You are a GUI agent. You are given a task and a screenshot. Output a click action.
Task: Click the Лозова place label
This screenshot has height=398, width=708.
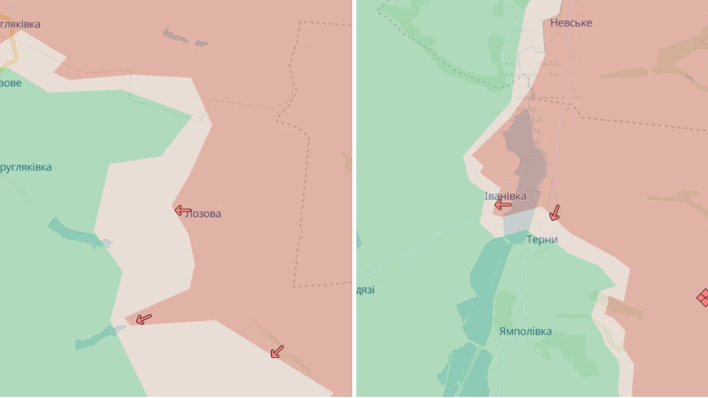[204, 213]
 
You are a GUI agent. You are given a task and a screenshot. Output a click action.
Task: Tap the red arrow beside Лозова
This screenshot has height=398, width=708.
[183, 210]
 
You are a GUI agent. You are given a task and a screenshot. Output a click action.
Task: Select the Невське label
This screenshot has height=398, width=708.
[571, 23]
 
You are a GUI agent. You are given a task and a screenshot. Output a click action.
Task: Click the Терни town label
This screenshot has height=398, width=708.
[542, 239]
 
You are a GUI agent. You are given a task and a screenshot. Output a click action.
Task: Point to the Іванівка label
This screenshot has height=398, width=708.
[505, 196]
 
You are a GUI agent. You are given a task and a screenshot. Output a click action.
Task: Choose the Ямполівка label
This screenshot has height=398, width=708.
[525, 331]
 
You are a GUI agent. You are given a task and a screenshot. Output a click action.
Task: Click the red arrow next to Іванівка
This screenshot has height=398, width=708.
[503, 205]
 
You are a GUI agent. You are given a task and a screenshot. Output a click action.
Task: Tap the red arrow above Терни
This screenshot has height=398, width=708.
[554, 213]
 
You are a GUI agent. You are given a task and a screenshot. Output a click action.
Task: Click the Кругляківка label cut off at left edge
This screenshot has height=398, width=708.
[26, 167]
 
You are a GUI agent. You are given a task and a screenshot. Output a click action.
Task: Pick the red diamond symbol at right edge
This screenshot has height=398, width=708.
[703, 297]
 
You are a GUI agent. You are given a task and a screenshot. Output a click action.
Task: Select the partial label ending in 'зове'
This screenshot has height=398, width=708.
[11, 83]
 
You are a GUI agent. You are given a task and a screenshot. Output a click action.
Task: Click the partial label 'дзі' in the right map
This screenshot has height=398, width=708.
[365, 290]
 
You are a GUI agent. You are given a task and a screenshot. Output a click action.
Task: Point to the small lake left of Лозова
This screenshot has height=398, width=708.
[77, 233]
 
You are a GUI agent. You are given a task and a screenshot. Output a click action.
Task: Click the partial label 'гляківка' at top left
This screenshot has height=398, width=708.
[20, 24]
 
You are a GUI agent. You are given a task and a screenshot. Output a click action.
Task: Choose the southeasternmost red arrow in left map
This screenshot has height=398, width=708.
[277, 351]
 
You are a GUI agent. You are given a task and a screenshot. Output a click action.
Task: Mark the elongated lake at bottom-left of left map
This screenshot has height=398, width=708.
[96, 337]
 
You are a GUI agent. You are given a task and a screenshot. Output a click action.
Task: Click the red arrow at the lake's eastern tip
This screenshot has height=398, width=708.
[143, 319]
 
